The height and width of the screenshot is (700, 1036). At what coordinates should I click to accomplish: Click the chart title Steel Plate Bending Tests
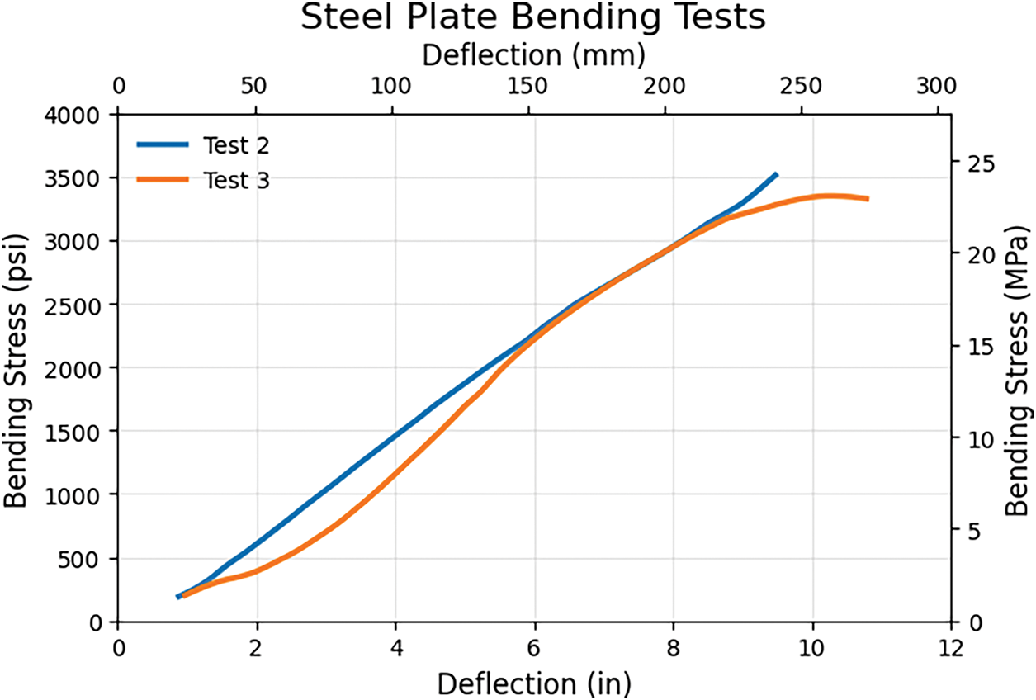pyautogui.click(x=532, y=18)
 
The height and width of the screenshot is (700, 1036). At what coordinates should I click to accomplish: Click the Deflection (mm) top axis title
pyautogui.click(x=533, y=56)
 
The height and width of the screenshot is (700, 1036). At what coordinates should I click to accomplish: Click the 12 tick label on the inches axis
pyautogui.click(x=950, y=646)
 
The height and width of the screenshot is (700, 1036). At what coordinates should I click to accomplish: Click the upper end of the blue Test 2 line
pyautogui.click(x=776, y=174)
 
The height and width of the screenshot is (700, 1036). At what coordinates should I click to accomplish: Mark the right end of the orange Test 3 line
pyautogui.click(x=868, y=199)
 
